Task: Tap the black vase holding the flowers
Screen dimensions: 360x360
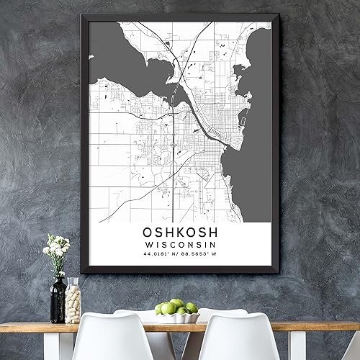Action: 58,299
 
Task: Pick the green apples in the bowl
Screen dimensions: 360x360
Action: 176,307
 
